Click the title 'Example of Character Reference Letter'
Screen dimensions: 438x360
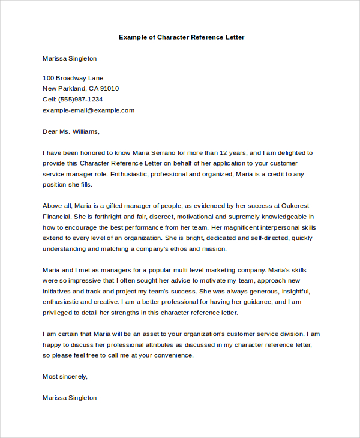pos(181,37)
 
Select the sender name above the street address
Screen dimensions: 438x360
pos(70,59)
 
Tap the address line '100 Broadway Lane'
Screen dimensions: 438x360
pos(73,78)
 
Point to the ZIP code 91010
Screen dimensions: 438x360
pos(109,89)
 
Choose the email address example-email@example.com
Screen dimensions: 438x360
pos(88,110)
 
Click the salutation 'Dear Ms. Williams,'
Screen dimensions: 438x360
pos(71,131)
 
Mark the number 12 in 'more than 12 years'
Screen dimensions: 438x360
pos(227,153)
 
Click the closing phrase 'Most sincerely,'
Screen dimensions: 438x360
pos(65,376)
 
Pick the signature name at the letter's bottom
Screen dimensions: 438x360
pos(70,397)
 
